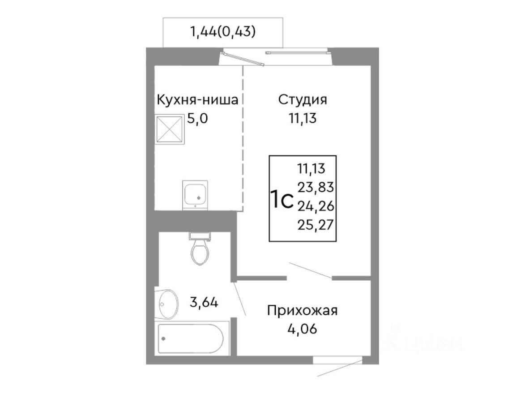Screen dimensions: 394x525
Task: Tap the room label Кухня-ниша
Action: coord(196,99)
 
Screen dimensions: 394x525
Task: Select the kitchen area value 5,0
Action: coord(197,120)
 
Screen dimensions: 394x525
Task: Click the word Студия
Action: coord(303,99)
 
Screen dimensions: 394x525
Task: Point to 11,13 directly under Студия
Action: coord(303,120)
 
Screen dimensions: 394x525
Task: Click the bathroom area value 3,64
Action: coord(204,303)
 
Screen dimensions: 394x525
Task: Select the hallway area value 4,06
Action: coord(303,330)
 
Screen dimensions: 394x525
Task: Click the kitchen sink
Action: coord(196,194)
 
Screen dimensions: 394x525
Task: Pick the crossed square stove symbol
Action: coord(169,130)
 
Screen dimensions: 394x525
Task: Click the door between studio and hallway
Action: coord(310,271)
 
